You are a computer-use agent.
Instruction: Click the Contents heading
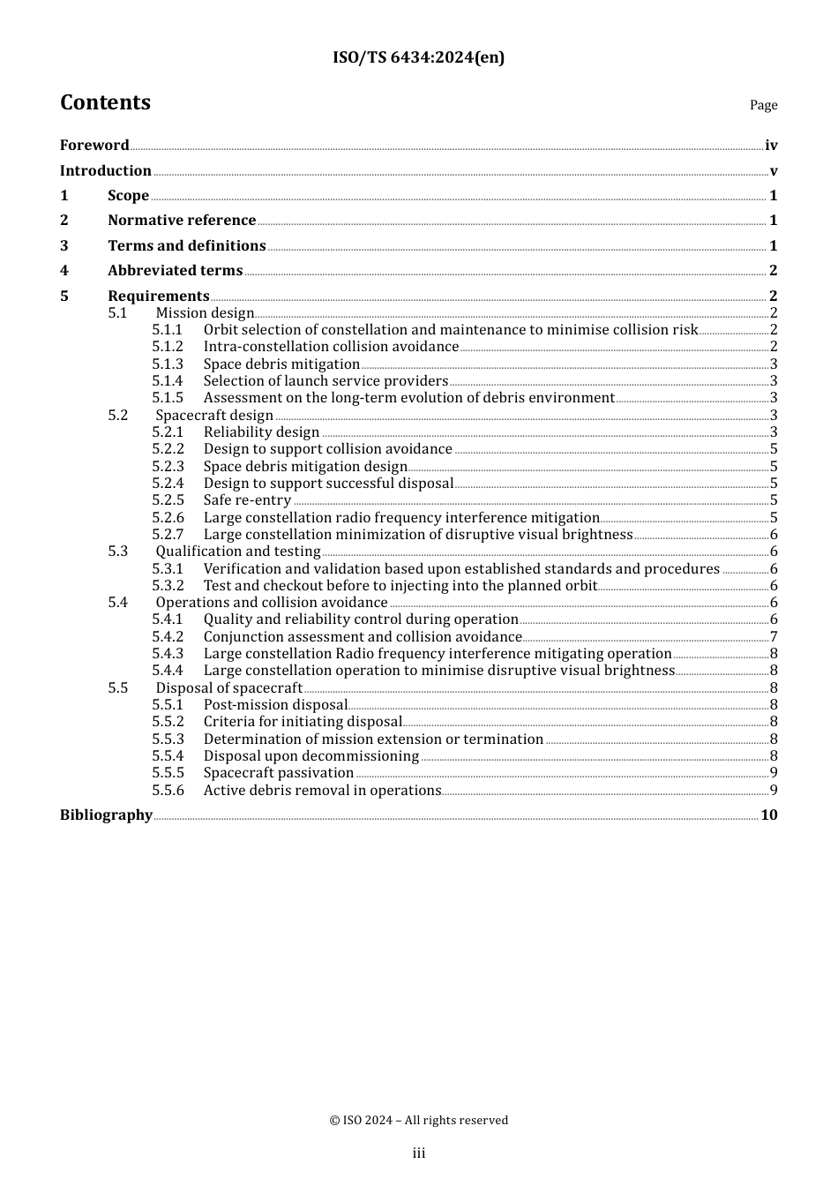[x=105, y=103]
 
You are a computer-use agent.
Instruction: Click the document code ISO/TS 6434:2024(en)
[x=418, y=58]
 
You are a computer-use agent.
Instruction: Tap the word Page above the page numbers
[x=763, y=105]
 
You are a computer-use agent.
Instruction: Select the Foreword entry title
[x=94, y=146]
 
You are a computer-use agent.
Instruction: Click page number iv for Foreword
[x=771, y=146]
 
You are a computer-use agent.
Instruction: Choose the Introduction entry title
[x=105, y=171]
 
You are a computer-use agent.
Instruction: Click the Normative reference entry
[x=182, y=221]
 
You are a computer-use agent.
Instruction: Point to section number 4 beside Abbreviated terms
[x=64, y=271]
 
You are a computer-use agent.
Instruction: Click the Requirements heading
[x=159, y=296]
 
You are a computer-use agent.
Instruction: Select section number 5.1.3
[x=168, y=364]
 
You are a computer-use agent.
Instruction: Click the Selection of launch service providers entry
[x=325, y=381]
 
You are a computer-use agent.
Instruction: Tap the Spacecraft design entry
[x=214, y=416]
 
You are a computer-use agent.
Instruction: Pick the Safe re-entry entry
[x=247, y=500]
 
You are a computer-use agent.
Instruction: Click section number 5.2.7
[x=168, y=535]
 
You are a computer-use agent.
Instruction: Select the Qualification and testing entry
[x=238, y=552]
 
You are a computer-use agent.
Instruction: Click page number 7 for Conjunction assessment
[x=774, y=637]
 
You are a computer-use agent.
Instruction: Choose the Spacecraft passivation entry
[x=279, y=773]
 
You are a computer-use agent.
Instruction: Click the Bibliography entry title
[x=106, y=815]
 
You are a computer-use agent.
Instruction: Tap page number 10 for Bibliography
[x=769, y=815]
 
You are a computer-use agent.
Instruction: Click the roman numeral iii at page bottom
[x=419, y=1153]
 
